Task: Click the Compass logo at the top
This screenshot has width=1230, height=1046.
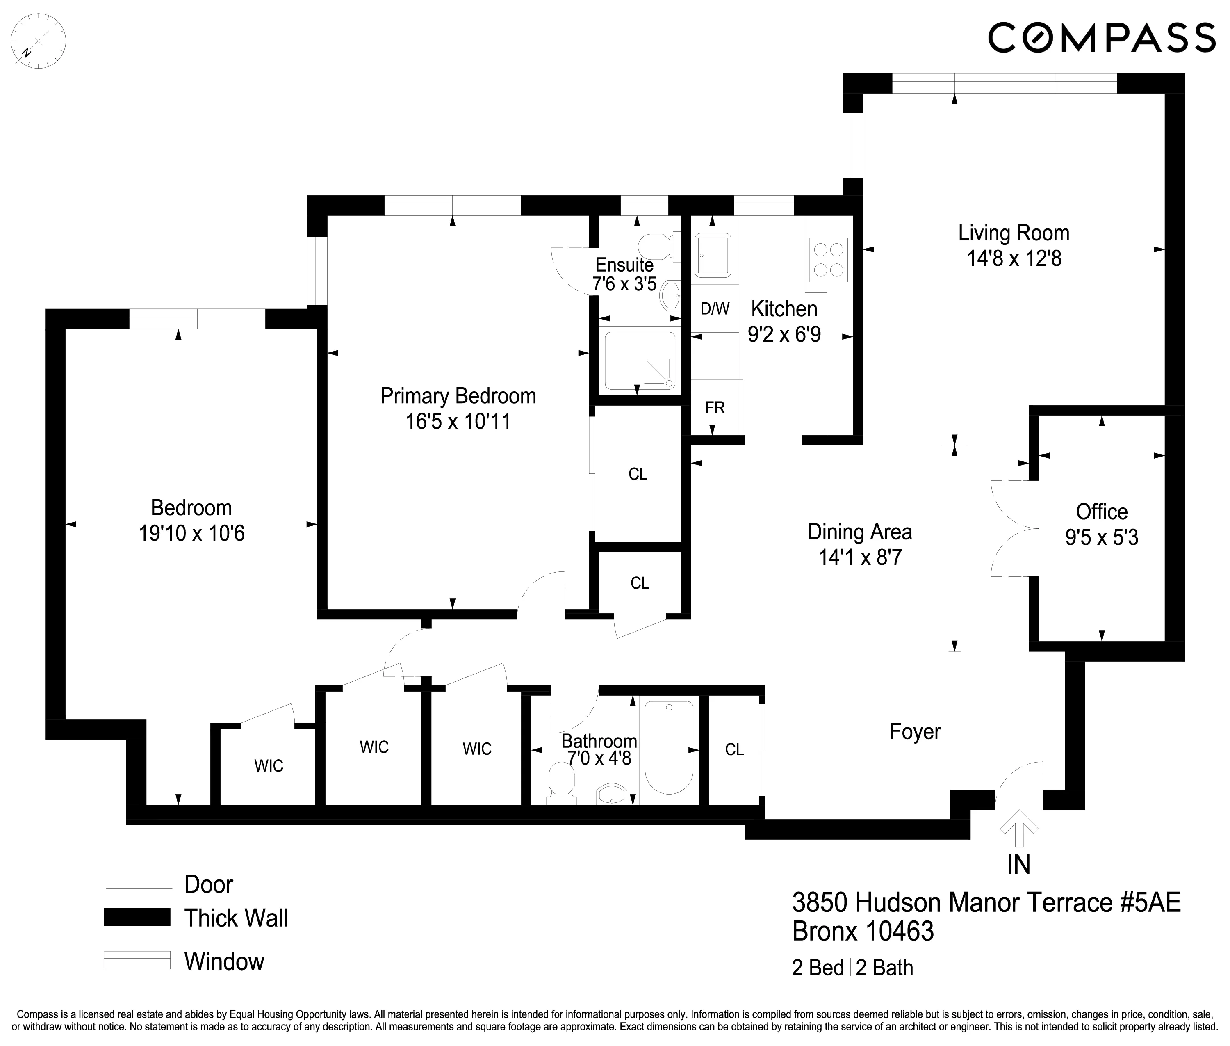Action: tap(1101, 38)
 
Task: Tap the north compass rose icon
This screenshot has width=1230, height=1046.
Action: tap(39, 41)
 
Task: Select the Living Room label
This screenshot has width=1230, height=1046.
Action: tap(1013, 233)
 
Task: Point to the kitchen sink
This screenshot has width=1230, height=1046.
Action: tap(713, 255)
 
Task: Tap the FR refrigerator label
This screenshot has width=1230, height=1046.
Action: tap(715, 408)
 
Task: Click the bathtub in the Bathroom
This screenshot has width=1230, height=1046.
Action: tap(669, 747)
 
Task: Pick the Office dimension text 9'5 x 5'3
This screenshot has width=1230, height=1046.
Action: tap(1101, 537)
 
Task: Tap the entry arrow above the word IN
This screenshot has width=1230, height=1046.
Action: tap(1018, 828)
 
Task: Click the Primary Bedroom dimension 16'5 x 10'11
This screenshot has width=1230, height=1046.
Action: tap(458, 422)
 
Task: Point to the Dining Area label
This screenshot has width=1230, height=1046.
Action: tap(859, 532)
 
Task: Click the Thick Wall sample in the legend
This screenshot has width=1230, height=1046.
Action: tap(137, 917)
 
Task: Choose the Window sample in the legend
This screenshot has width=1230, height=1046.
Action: tap(137, 960)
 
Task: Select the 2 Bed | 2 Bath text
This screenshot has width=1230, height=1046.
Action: tap(852, 968)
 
